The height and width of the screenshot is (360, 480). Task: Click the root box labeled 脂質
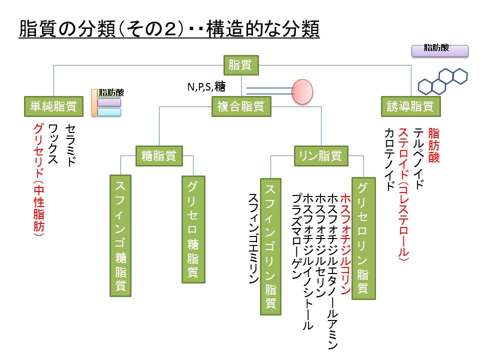240,64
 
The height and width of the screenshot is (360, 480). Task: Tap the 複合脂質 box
241,106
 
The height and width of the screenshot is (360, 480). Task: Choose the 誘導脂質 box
411,106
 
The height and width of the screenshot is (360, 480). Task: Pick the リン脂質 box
320,155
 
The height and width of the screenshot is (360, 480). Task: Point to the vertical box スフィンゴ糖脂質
120,235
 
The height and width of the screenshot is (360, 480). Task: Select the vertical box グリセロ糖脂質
193,228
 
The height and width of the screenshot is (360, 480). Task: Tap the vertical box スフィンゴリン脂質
271,246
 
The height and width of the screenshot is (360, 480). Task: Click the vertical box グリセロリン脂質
363,238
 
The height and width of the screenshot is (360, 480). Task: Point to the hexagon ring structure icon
442,81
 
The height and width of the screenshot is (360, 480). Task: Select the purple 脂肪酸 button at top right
439,50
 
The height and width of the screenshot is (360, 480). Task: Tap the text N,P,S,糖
206,87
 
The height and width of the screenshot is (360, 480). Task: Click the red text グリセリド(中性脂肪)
38,180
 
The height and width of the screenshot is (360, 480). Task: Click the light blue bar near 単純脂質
109,112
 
